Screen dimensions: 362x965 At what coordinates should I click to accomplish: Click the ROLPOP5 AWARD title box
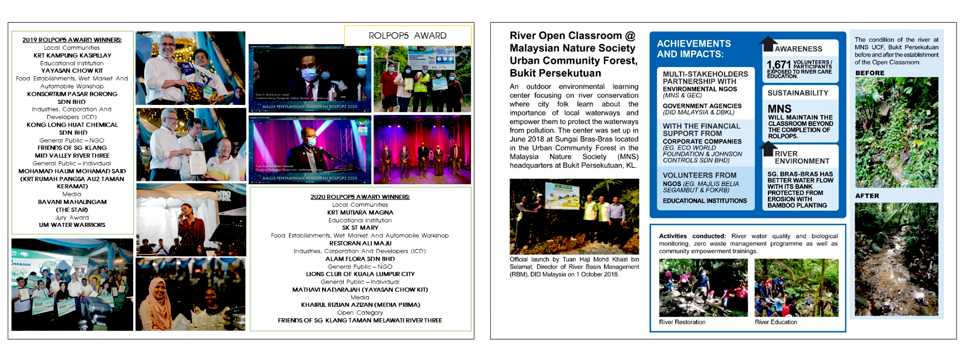[408, 36]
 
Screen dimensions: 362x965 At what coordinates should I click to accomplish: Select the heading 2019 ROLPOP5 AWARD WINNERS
[72, 40]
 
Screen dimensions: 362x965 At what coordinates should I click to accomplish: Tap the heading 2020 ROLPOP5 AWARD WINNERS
[360, 197]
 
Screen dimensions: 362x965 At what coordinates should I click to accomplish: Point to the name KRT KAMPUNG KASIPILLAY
[72, 55]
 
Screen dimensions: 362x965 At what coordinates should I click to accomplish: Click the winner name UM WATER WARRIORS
[72, 225]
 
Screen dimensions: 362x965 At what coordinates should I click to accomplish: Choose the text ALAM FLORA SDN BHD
[360, 259]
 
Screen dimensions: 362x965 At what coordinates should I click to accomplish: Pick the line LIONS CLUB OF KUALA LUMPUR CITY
[360, 274]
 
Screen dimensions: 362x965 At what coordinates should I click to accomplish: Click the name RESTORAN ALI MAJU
[360, 244]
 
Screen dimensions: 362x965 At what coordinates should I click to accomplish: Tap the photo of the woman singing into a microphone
[190, 219]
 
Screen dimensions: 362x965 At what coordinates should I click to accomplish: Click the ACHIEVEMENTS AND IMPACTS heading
[694, 49]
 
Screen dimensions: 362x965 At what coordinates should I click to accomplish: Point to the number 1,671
[779, 64]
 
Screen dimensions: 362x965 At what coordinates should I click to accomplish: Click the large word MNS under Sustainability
[780, 109]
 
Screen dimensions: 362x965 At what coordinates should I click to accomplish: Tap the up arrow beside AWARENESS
[768, 44]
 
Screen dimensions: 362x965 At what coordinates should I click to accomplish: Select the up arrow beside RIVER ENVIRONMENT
[768, 149]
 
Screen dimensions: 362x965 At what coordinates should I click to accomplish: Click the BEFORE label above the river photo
[870, 73]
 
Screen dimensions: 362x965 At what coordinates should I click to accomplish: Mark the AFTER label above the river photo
[867, 196]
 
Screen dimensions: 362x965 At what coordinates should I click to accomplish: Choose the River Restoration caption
[682, 322]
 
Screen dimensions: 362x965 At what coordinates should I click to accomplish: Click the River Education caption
[776, 322]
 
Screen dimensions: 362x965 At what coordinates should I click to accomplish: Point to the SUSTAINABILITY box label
[798, 93]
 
